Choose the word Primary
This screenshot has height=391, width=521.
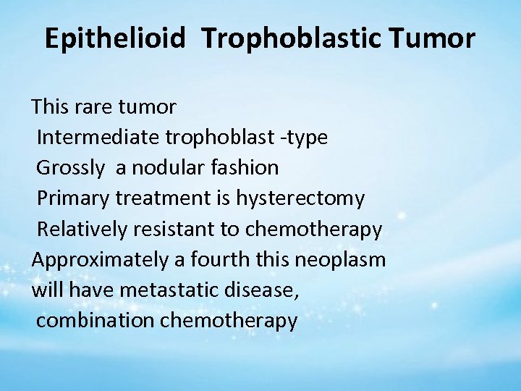click(x=71, y=198)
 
